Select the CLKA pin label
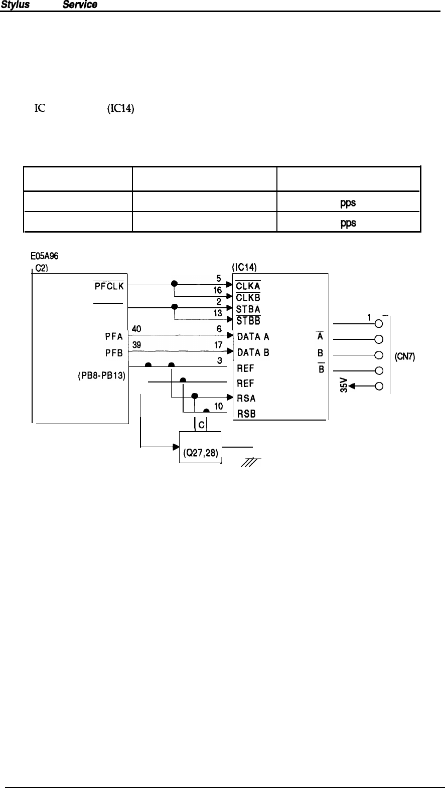pyautogui.click(x=248, y=286)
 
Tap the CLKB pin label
pyautogui.click(x=248, y=298)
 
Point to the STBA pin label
pyautogui.click(x=248, y=309)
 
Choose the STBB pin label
pyautogui.click(x=248, y=320)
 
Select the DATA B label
pyautogui.click(x=253, y=352)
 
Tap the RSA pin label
pyautogui.click(x=246, y=399)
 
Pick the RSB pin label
pyautogui.click(x=246, y=414)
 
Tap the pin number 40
pyautogui.click(x=136, y=329)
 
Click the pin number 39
pyautogui.click(x=136, y=345)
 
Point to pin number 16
pyautogui.click(x=218, y=290)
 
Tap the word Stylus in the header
pyautogui.click(x=14, y=5)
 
